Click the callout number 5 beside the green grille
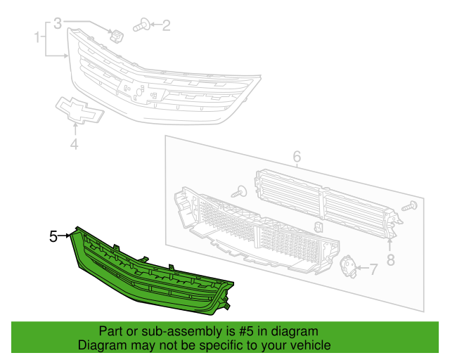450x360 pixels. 53,237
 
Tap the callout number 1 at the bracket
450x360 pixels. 37,36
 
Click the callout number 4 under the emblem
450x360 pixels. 73,145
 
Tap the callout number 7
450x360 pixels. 373,269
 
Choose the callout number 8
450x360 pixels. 390,259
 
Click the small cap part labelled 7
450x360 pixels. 348,266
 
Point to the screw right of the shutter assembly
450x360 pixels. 411,207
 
